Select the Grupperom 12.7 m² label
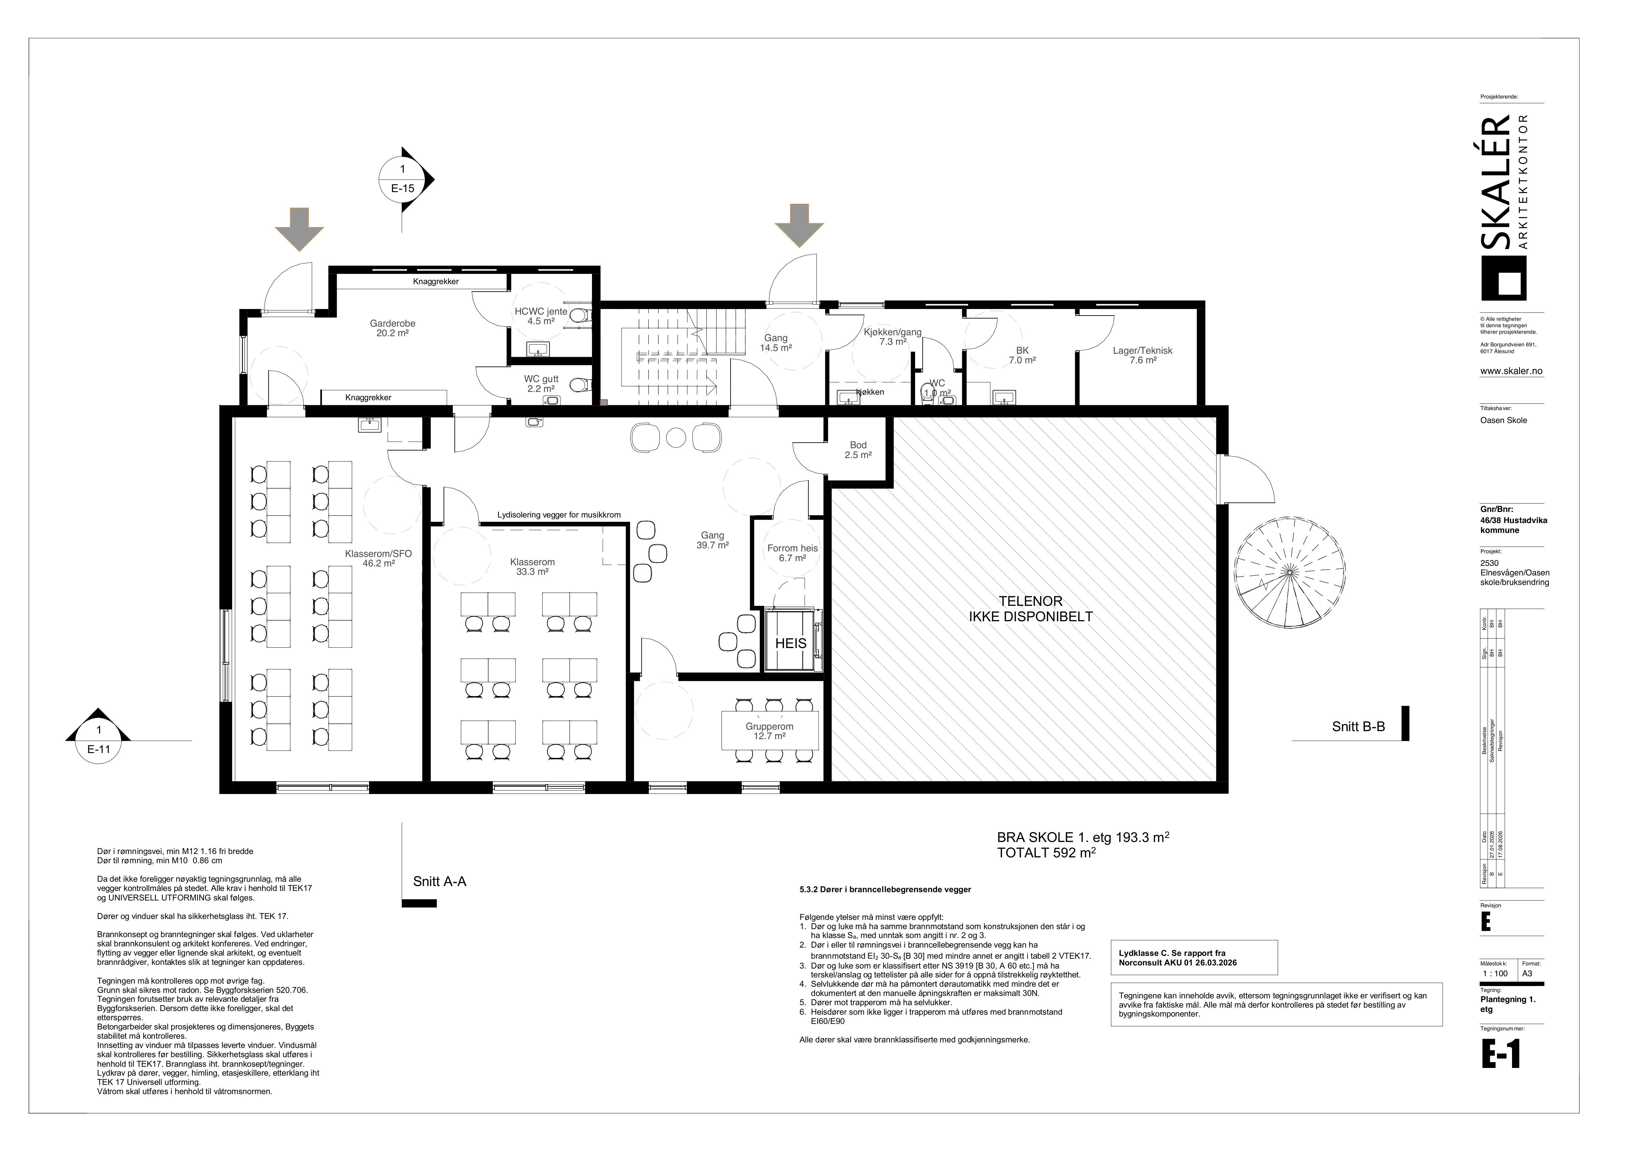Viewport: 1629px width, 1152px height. click(x=769, y=731)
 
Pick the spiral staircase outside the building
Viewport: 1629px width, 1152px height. click(x=1290, y=572)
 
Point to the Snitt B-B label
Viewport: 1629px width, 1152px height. click(x=1358, y=726)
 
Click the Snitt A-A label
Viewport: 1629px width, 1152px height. click(x=440, y=882)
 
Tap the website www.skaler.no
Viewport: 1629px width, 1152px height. click(x=1511, y=371)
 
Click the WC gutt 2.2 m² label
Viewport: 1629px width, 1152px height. click(x=541, y=384)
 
